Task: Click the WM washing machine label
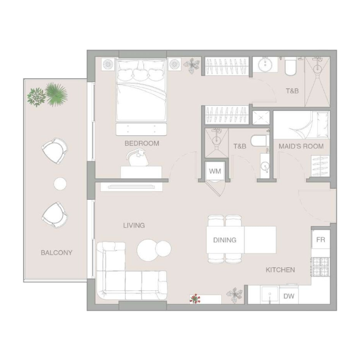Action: (x=214, y=171)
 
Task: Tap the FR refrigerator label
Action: (x=320, y=239)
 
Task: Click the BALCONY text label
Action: (x=57, y=252)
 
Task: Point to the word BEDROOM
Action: (x=142, y=144)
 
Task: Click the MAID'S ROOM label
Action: (x=301, y=146)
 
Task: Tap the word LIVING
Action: (x=134, y=225)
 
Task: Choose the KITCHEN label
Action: (x=280, y=270)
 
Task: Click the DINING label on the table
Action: (x=225, y=240)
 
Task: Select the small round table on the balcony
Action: (x=60, y=183)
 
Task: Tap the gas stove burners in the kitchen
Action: (x=320, y=266)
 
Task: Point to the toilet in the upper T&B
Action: (x=290, y=67)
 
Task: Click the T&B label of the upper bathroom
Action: (x=292, y=90)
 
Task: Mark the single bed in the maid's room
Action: (x=301, y=125)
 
